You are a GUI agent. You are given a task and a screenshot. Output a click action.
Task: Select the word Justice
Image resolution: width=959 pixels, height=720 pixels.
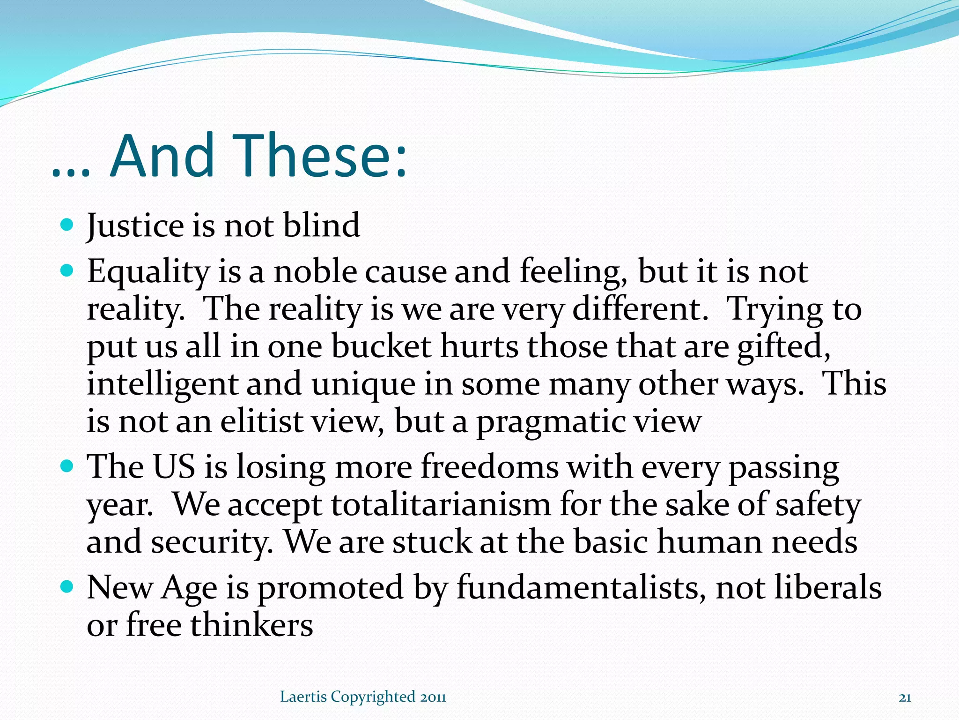tap(135, 226)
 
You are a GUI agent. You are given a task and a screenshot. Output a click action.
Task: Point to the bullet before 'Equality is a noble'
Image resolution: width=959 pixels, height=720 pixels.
tap(67, 271)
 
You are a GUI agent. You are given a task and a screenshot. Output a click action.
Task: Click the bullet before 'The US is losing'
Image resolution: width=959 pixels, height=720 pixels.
tap(67, 466)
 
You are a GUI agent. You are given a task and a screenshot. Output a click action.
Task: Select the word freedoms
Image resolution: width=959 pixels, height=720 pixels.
tap(490, 467)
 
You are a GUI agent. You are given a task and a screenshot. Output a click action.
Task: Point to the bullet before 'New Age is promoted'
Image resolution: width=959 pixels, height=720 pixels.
tap(67, 586)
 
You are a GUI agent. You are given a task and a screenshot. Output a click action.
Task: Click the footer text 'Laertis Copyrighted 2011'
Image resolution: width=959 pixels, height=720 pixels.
tap(363, 697)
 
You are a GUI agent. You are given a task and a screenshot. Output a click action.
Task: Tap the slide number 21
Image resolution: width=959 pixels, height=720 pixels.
tap(905, 698)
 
